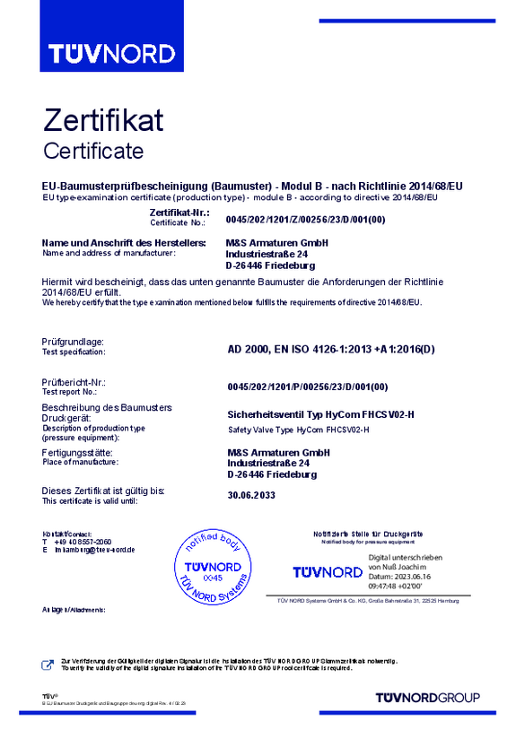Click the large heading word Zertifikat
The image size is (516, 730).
(x=103, y=119)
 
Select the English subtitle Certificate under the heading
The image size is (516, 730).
(x=93, y=149)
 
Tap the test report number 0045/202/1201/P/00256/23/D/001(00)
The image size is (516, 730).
(x=307, y=387)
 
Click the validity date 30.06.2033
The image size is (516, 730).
(x=251, y=495)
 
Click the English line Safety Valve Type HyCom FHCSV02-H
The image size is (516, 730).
(x=299, y=430)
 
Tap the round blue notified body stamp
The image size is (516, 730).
(x=214, y=566)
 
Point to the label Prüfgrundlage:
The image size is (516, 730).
(x=74, y=342)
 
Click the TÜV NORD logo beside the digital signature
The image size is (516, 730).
(x=328, y=571)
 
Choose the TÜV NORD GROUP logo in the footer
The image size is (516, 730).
(x=427, y=697)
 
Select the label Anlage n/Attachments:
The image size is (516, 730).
(x=74, y=609)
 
